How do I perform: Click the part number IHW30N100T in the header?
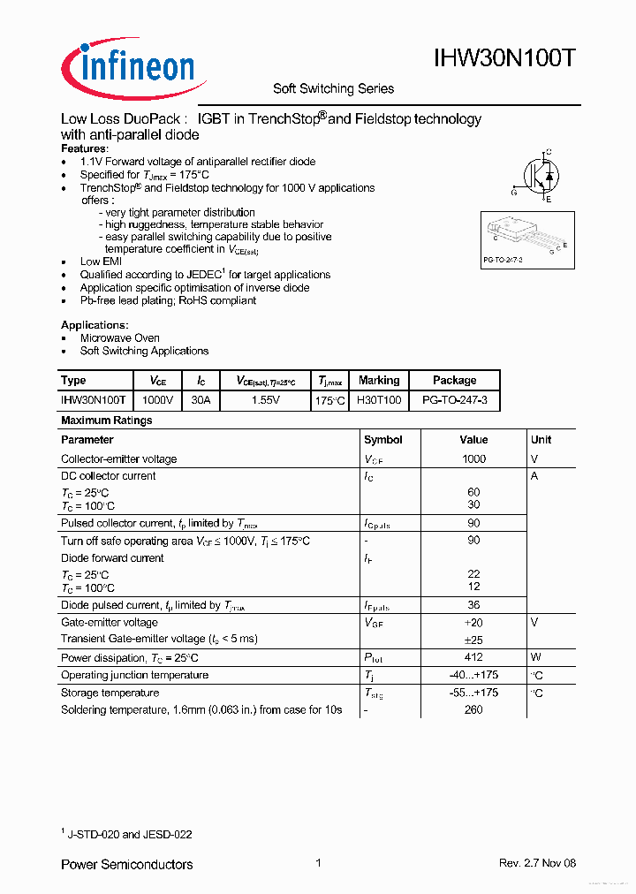point(504,59)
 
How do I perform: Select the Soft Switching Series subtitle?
point(333,88)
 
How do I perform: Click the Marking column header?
point(379,380)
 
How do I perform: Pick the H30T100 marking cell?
point(379,400)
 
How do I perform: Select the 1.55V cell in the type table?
point(265,400)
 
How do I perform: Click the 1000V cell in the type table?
point(158,400)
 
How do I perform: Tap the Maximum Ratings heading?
point(106,420)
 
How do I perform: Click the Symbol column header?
point(382,439)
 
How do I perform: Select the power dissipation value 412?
point(473,657)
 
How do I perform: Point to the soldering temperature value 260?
point(473,709)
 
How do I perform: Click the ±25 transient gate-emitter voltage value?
point(473,639)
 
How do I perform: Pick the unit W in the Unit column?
point(535,657)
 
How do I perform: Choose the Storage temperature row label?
point(110,693)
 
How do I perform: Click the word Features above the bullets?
point(84,149)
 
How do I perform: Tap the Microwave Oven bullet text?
point(120,338)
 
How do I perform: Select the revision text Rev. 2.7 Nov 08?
point(537,863)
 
